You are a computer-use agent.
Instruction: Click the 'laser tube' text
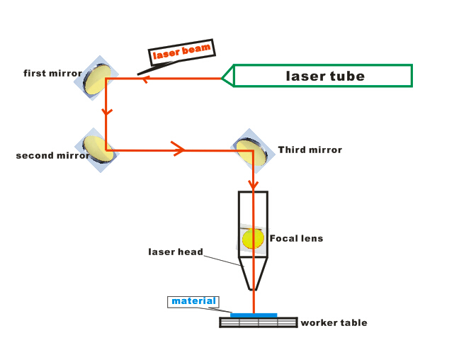pyautogui.click(x=325, y=76)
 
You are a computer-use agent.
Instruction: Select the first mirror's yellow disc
pyautogui.click(x=99, y=77)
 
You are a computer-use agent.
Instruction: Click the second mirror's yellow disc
pyautogui.click(x=98, y=149)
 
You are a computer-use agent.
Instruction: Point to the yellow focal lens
pyautogui.click(x=252, y=238)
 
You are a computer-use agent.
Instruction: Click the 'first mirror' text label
pyautogui.click(x=52, y=73)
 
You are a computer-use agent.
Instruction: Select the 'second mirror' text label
pyautogui.click(x=52, y=155)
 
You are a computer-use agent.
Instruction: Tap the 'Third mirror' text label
pyautogui.click(x=310, y=150)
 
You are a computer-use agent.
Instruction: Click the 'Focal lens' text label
pyautogui.click(x=296, y=238)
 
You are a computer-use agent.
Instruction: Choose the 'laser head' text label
pyautogui.click(x=176, y=252)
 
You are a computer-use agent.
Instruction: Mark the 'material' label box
pyautogui.click(x=193, y=301)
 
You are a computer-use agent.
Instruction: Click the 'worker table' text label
pyautogui.click(x=334, y=322)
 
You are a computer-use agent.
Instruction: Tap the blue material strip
pyautogui.click(x=254, y=315)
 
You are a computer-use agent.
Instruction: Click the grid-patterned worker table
pyautogui.click(x=258, y=322)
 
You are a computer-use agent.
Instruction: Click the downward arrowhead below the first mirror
pyautogui.click(x=106, y=111)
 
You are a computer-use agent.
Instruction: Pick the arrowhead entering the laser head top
pyautogui.click(x=253, y=186)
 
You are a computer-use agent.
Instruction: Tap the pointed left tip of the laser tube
pyautogui.click(x=224, y=76)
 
